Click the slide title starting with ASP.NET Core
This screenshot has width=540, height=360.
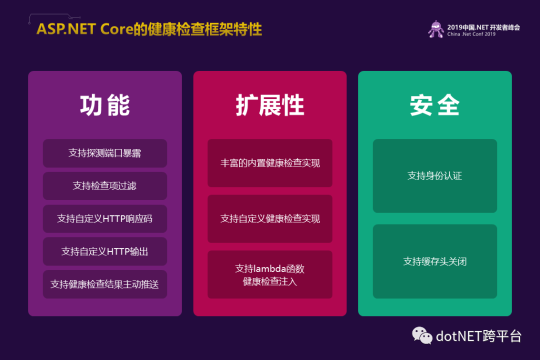click(149, 29)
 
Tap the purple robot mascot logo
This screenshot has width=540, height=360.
click(436, 29)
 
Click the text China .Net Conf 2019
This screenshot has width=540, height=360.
click(471, 34)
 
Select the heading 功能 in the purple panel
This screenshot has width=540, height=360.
click(105, 105)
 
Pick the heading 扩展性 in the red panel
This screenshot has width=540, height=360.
click(270, 105)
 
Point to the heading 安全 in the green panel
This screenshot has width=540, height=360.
click(434, 105)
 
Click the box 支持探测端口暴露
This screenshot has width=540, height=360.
click(105, 153)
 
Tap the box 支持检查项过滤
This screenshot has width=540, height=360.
click(105, 186)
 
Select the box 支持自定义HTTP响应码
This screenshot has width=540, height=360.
click(105, 219)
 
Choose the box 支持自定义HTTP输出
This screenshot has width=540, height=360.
click(105, 251)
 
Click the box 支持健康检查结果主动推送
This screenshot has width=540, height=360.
click(105, 284)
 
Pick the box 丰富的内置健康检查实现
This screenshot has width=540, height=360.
click(270, 163)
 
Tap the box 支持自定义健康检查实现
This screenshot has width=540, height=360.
click(270, 219)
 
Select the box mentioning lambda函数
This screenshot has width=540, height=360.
click(270, 274)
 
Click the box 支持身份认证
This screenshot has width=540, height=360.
click(435, 175)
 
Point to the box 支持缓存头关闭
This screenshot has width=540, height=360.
click(435, 261)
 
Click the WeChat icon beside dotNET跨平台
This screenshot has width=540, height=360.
click(422, 335)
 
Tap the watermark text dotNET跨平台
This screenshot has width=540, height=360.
click(478, 336)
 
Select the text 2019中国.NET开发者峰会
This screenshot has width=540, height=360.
click(483, 27)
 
